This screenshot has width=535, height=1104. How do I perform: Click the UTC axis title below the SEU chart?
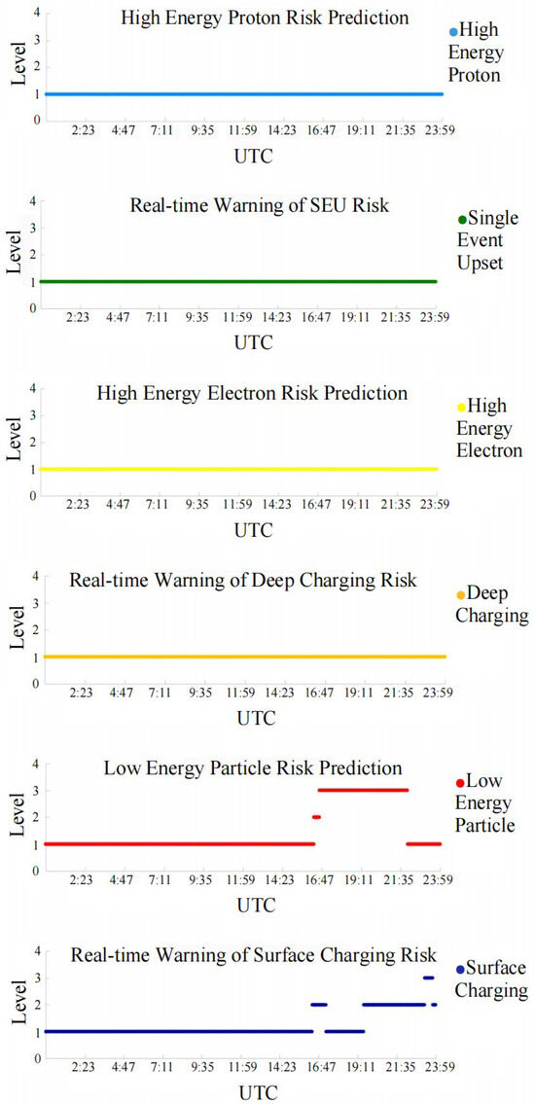(x=254, y=342)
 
